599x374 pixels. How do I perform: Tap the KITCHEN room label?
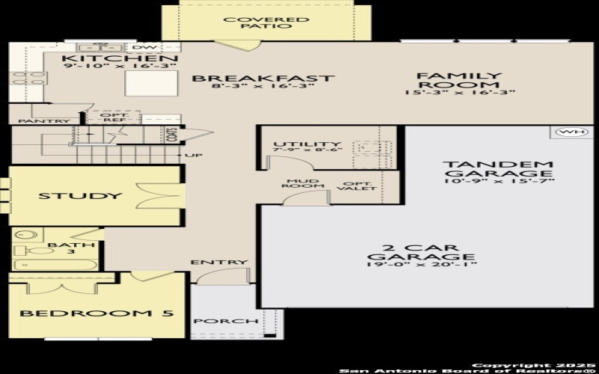point(120,59)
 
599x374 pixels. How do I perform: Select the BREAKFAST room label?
point(262,78)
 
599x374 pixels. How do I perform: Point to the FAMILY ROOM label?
point(458,81)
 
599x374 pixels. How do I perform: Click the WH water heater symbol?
point(570,132)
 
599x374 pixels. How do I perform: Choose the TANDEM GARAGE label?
point(497,170)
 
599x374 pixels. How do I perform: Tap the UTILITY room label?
point(307,144)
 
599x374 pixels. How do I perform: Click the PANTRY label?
point(44,121)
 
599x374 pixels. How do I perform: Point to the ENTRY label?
point(219,263)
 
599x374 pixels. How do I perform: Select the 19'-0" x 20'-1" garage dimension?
point(422,264)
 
